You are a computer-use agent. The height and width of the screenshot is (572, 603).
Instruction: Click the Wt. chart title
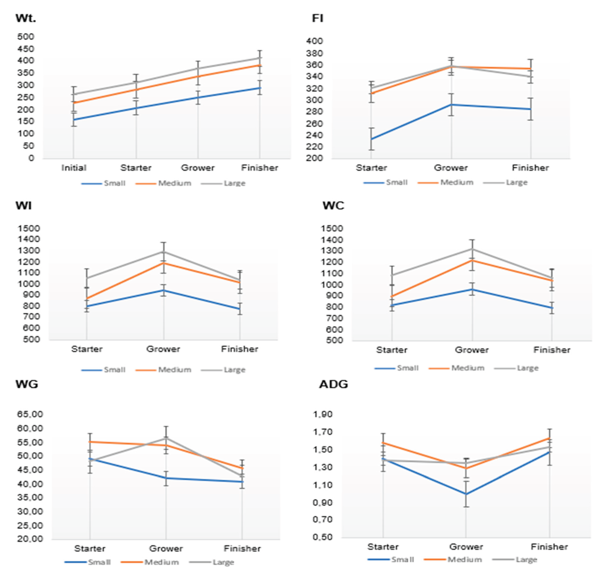(x=26, y=18)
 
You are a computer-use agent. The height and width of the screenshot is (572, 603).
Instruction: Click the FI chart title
(x=317, y=18)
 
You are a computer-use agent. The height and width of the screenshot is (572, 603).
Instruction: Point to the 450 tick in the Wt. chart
(x=26, y=49)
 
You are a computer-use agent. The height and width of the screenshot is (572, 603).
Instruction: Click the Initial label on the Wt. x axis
(x=74, y=168)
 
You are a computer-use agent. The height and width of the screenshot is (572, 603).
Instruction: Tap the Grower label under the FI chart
(x=451, y=168)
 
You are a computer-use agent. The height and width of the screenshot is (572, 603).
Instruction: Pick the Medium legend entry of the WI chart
(x=174, y=370)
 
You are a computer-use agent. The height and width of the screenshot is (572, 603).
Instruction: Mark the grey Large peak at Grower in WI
(x=164, y=252)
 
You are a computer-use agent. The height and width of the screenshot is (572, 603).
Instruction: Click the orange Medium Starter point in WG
(x=90, y=442)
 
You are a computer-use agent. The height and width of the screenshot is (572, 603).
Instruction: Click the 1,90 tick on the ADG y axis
(x=322, y=414)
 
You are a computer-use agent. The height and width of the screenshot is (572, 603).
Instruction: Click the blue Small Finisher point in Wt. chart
(x=260, y=88)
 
